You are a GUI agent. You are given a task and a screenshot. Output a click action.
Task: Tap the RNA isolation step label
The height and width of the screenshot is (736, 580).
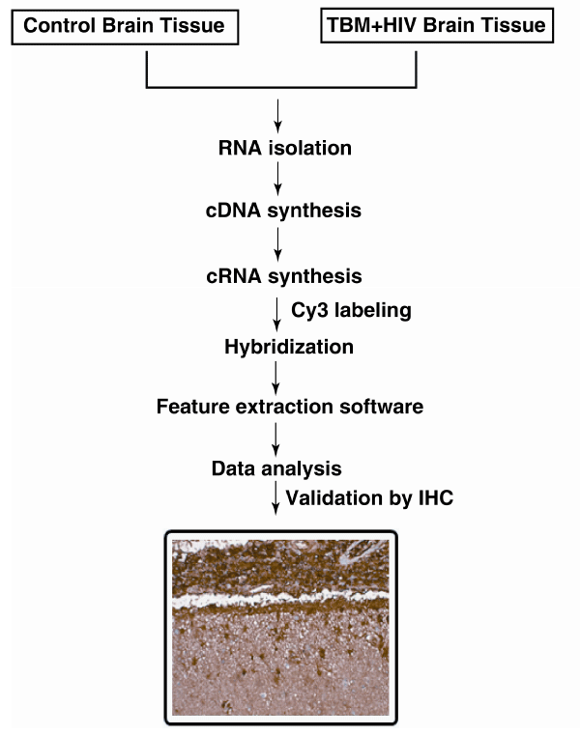click(x=285, y=148)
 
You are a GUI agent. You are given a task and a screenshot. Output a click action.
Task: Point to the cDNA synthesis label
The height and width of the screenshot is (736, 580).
click(x=283, y=211)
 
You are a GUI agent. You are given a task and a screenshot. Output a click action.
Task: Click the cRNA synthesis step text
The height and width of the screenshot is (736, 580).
click(x=284, y=276)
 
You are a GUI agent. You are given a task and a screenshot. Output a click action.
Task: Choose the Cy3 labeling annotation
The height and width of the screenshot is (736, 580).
click(x=351, y=310)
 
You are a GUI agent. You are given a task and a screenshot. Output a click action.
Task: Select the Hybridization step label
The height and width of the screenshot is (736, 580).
click(x=289, y=347)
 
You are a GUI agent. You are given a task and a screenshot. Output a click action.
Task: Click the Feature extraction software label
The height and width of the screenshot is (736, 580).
click(x=290, y=407)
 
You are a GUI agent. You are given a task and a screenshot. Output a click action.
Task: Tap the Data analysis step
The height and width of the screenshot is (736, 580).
click(x=276, y=468)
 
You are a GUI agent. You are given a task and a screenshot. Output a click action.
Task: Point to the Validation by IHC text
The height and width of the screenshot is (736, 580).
click(x=369, y=498)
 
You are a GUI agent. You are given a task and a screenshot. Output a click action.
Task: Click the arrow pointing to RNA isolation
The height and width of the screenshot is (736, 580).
click(x=278, y=116)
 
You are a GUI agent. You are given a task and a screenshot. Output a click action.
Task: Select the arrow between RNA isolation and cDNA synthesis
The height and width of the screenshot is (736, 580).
click(x=278, y=179)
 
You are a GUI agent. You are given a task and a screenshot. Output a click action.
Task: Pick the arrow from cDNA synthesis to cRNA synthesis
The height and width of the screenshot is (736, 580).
click(x=278, y=244)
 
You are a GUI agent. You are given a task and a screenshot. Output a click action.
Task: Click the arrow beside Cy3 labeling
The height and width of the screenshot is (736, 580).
click(x=277, y=315)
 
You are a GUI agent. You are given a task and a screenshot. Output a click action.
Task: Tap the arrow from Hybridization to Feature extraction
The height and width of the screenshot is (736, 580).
click(x=276, y=379)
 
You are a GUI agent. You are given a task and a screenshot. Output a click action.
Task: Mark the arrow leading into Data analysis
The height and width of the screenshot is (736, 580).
click(x=276, y=439)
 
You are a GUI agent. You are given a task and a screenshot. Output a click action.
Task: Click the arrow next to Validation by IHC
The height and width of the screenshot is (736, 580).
click(x=276, y=498)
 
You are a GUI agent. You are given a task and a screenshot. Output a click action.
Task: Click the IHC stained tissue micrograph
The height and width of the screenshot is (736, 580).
click(x=281, y=628)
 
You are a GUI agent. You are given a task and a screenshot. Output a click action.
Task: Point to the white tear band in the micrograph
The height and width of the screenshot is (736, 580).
click(x=281, y=599)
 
